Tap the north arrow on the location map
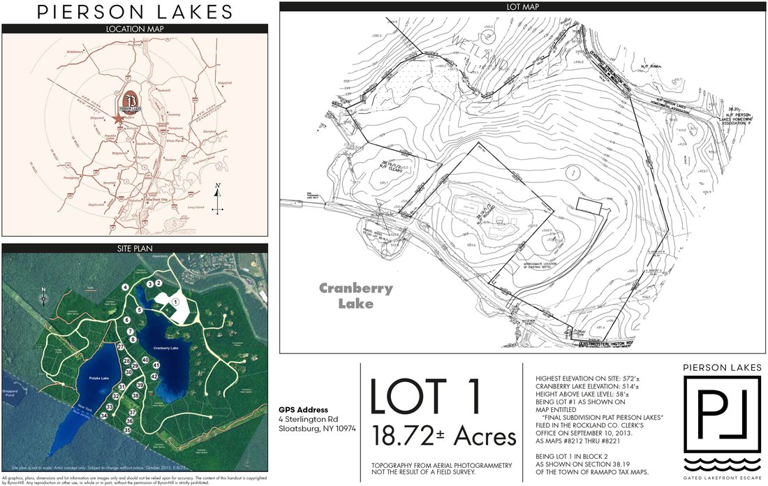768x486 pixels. pyautogui.click(x=218, y=199)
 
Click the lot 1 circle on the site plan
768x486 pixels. pyautogui.click(x=176, y=302)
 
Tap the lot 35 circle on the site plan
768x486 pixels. pyautogui.click(x=127, y=430)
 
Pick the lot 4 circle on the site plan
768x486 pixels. pyautogui.click(x=125, y=287)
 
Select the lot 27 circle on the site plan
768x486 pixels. pyautogui.click(x=121, y=346)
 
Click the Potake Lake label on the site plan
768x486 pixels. pyautogui.click(x=99, y=378)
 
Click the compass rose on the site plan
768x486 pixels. pyautogui.click(x=43, y=298)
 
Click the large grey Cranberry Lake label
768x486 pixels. pyautogui.click(x=356, y=295)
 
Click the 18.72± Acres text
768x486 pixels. pyautogui.click(x=445, y=436)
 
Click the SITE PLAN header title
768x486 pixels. pyautogui.click(x=135, y=248)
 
